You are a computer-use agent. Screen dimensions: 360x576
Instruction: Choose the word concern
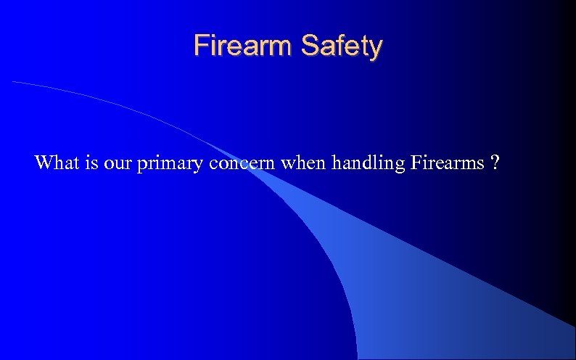coord(242,163)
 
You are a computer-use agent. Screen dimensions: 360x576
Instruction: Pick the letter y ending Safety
coord(375,49)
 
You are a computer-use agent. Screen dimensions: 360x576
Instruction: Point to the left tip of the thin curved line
coord(14,83)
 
